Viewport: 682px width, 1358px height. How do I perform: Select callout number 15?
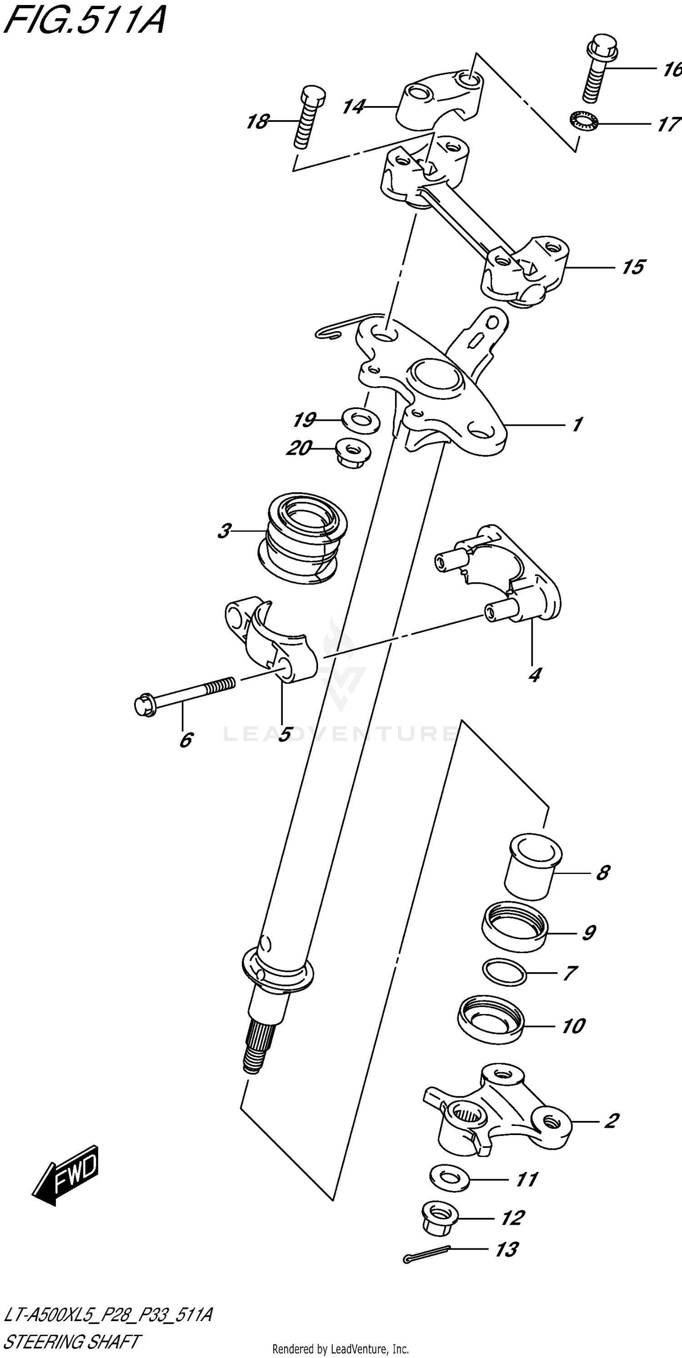[632, 267]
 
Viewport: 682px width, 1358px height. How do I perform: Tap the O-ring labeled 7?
[504, 973]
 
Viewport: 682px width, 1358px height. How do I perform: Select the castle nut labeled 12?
[441, 1218]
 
